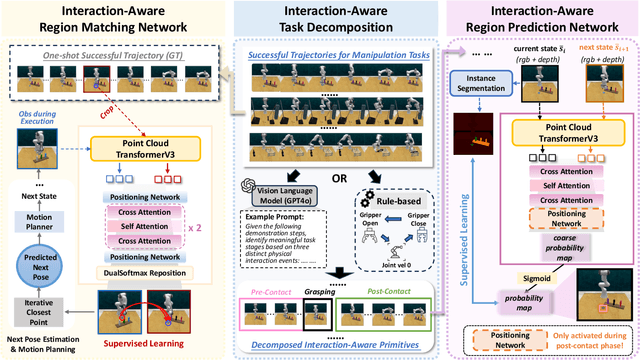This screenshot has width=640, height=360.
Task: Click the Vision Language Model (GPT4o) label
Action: point(276,188)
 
